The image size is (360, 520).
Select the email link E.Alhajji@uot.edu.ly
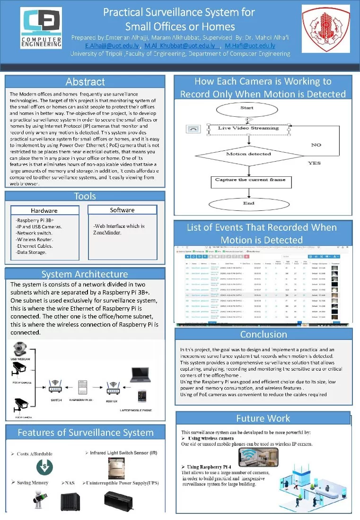[112, 46]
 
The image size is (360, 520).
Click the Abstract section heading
[85, 82]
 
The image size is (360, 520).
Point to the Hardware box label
[44, 211]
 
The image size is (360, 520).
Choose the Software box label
[122, 210]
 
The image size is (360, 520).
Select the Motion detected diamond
[249, 154]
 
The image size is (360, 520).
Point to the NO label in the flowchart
[316, 145]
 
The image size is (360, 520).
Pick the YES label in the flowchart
[314, 163]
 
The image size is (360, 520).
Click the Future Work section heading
[263, 418]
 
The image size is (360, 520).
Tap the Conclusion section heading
[263, 335]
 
